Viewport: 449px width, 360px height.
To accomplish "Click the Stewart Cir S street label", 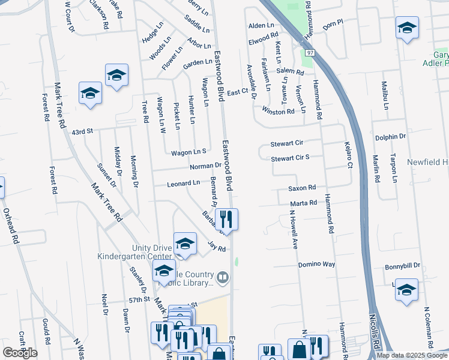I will point(290,158).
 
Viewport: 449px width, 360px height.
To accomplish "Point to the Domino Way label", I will point(316,265).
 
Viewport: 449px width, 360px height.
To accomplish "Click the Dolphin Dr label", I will point(391,137).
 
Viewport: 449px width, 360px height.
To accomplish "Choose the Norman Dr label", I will point(206,166).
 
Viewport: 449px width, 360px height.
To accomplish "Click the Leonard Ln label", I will point(183,183).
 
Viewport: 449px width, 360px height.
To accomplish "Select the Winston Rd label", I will point(278,111).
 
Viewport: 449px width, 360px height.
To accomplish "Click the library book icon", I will point(223,277).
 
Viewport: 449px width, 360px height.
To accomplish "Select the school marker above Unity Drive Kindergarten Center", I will point(185,243).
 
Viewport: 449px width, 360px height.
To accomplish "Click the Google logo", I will point(20,353).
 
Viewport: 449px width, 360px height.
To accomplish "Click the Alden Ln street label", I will point(261,26).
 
